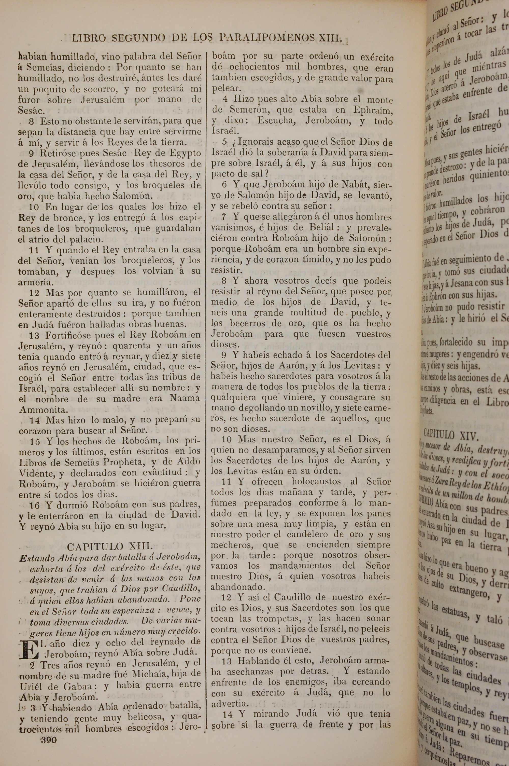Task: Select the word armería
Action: [x=36, y=282]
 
